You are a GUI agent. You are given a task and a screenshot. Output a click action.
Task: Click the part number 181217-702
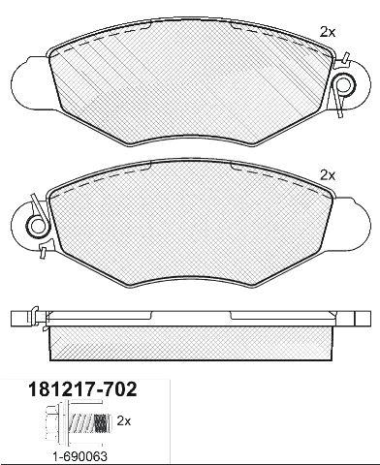tap(83, 389)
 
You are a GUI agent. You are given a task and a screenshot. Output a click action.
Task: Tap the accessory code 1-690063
tap(79, 456)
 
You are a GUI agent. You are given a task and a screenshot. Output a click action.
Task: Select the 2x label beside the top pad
tap(328, 32)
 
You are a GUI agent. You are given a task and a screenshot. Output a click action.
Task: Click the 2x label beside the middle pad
tap(328, 175)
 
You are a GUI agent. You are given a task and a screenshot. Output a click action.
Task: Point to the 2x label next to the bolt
tap(124, 421)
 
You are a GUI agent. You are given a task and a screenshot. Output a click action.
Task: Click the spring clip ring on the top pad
tap(344, 84)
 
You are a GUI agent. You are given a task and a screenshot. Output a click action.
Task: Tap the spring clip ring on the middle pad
tap(37, 226)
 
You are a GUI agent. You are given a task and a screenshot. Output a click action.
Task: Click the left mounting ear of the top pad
tap(32, 84)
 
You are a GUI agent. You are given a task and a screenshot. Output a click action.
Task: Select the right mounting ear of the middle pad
tap(350, 225)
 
